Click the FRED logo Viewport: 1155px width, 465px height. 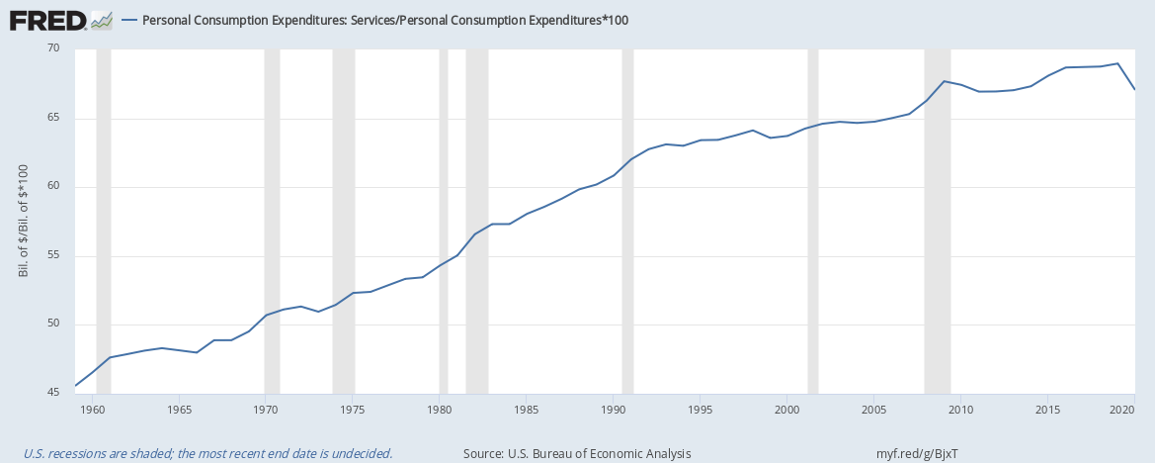pos(60,21)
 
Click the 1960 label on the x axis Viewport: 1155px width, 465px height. pos(92,409)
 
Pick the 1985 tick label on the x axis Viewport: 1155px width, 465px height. pos(526,409)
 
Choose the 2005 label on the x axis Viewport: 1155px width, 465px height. pos(873,409)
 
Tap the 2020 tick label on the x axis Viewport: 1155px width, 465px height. pos(1120,409)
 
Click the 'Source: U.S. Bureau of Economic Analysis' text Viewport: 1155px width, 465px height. pos(577,453)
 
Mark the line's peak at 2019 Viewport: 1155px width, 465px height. pos(1117,63)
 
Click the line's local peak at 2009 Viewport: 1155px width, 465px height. pos(944,81)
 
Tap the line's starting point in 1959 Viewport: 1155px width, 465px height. pos(75,385)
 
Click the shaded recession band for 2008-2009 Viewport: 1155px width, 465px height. pos(938,222)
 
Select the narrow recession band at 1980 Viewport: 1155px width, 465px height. pos(444,222)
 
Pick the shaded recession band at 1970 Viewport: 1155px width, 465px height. pos(272,222)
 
